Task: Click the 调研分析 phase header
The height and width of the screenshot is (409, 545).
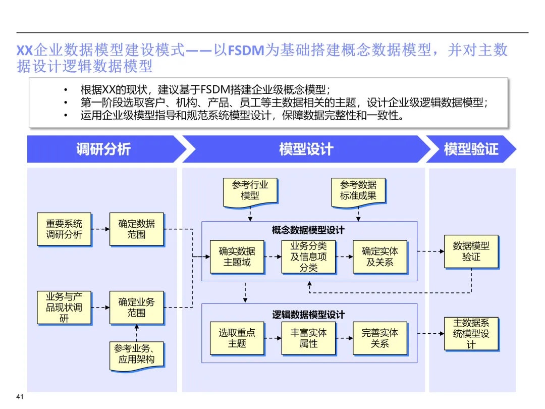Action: (103, 149)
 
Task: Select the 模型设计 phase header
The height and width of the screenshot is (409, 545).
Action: (306, 149)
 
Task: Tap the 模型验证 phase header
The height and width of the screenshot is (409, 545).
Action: (471, 149)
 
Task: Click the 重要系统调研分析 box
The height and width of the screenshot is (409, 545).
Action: (64, 229)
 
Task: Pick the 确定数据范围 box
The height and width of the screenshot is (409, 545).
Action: (136, 229)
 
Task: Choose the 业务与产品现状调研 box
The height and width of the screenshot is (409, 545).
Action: (64, 308)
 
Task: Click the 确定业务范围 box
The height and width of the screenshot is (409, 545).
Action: (136, 308)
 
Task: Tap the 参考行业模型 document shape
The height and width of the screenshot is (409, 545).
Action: (250, 191)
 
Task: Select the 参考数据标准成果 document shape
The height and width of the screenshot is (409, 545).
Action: (358, 191)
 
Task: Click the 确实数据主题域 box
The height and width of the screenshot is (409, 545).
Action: (237, 257)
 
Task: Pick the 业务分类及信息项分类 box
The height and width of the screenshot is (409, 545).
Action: (308, 257)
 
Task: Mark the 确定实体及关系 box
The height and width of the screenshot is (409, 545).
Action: (380, 257)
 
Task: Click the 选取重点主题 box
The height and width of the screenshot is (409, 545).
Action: (237, 338)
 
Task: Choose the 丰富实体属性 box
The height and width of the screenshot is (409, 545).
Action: (308, 338)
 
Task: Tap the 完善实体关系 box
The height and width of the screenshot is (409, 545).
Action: (380, 338)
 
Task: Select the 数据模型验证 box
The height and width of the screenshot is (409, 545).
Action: (471, 251)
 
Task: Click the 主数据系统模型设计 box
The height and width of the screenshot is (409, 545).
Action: (471, 334)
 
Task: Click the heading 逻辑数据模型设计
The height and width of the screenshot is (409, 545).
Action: (308, 315)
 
